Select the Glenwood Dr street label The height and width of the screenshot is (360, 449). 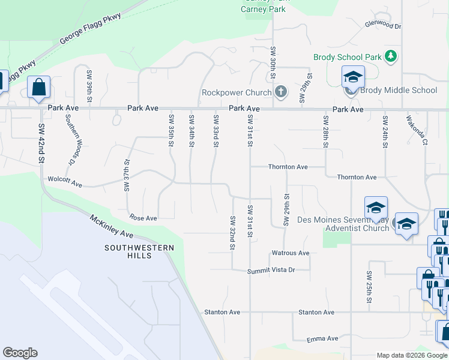coord(382,26)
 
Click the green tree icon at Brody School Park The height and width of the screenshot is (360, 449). coord(391,56)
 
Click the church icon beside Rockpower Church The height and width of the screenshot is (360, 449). coord(280,92)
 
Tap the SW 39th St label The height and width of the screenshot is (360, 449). coord(89,85)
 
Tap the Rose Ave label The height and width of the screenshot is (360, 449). coord(143,218)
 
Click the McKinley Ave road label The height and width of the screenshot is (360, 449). coord(112,226)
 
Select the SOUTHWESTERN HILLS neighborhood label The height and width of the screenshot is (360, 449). coord(139,251)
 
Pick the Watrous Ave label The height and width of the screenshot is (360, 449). coord(291,253)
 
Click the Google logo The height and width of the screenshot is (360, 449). coord(20,353)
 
